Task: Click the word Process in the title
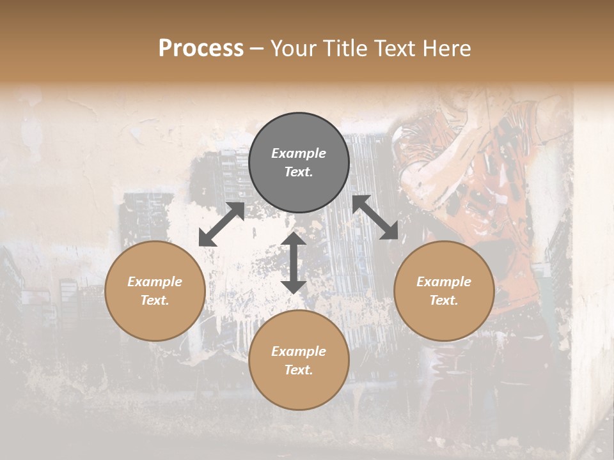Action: click(x=201, y=48)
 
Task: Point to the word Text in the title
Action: click(x=393, y=48)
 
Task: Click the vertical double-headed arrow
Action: click(x=294, y=263)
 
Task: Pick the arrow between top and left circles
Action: click(x=221, y=224)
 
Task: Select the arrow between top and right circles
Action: click(x=375, y=217)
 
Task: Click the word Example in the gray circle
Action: click(x=299, y=153)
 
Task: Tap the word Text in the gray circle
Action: click(x=299, y=172)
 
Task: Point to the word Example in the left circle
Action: click(x=155, y=282)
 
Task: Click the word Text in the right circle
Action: click(x=444, y=300)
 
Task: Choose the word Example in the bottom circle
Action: click(x=299, y=351)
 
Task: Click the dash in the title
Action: click(x=257, y=48)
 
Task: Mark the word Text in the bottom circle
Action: click(x=299, y=370)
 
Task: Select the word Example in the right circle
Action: click(x=444, y=282)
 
